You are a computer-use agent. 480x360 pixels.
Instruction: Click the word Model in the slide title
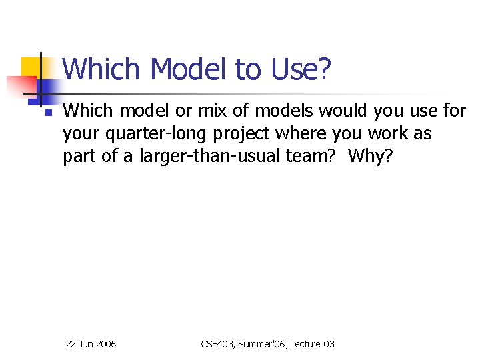pos(188,69)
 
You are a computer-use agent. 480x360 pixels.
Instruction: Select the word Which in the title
pos(102,69)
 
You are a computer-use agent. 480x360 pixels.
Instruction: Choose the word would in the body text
pos(340,111)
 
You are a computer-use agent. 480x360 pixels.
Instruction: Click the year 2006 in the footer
pos(106,344)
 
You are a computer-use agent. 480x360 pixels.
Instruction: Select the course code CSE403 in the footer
pos(216,344)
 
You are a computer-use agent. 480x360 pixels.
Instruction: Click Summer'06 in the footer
pos(262,344)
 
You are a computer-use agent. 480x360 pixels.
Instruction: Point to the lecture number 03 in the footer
pos(329,344)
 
